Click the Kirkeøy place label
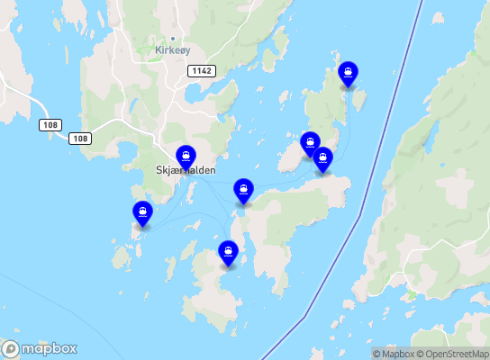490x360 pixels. point(172,50)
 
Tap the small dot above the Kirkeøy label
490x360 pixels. point(160,40)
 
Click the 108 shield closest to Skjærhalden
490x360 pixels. point(81,138)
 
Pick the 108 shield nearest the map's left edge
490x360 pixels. point(50,124)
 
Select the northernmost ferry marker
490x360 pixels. point(347,73)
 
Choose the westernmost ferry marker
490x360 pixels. point(142,213)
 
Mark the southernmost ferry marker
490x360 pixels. point(229,252)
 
